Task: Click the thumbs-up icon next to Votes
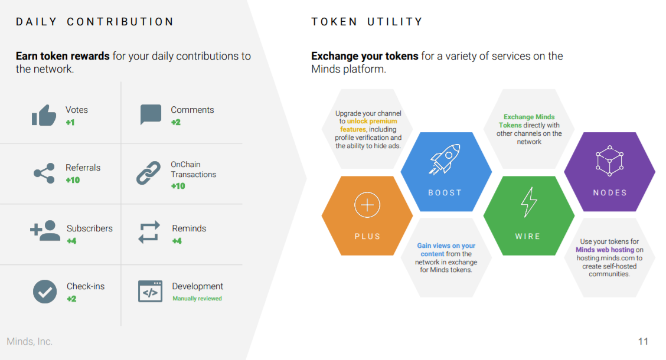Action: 44,115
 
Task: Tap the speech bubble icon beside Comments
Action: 151,114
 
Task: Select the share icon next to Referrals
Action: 44,173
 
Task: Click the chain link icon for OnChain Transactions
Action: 149,173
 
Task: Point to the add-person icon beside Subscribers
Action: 45,231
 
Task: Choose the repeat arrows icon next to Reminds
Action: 149,232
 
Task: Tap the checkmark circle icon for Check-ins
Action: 45,292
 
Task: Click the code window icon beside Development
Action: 150,291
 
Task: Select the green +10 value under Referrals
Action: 73,180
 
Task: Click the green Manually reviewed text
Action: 197,299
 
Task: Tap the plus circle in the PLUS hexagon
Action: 367,205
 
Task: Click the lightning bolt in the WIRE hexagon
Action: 529,202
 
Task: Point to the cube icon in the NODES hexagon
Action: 609,161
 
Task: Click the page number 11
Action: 643,341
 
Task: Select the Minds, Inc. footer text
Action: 30,341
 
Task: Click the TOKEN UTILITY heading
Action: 367,22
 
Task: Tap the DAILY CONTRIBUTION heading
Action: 94,22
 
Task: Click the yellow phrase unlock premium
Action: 372,121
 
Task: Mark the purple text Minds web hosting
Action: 605,250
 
